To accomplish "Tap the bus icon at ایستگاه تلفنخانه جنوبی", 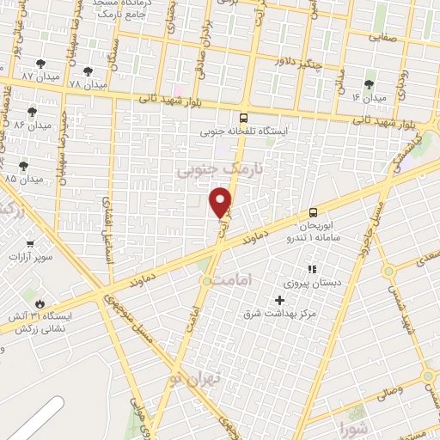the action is click(x=244, y=119).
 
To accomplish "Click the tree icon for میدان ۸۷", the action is click(x=40, y=64).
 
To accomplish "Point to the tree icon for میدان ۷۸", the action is click(x=89, y=71).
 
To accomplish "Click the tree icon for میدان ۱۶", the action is click(x=370, y=84).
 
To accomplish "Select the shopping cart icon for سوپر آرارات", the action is click(x=30, y=243).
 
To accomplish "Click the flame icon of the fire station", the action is click(x=39, y=303).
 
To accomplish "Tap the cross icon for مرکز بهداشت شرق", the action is click(x=279, y=300).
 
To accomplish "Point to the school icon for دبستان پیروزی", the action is click(x=311, y=269).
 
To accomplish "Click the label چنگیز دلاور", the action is click(x=297, y=62).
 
